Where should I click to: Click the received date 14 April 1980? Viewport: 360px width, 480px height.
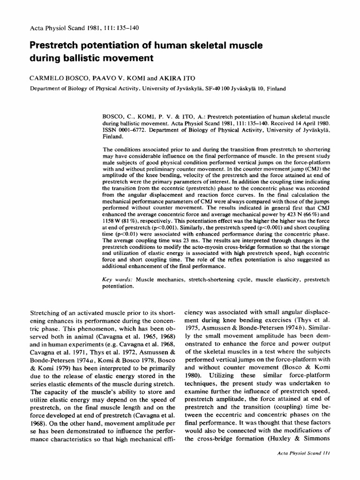click(x=305, y=120)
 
